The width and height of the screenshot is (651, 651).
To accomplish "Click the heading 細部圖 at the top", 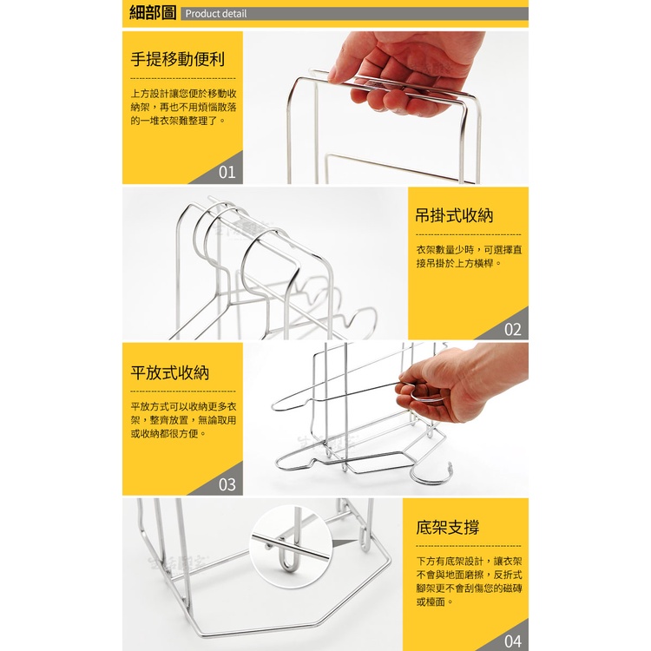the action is coord(153,13).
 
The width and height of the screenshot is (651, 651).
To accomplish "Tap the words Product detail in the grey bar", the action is coord(216,14).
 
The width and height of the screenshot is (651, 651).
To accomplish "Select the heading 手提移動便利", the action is coord(178,59).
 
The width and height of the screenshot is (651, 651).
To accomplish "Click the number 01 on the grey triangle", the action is coord(227,172).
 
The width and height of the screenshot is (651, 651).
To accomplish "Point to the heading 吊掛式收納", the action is coord(454,215).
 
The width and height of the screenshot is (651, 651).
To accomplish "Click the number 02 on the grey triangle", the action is coord(513,329).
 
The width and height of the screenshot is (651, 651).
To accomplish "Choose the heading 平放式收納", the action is coord(170,372).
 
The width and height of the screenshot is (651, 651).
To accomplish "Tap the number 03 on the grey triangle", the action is coord(227,484).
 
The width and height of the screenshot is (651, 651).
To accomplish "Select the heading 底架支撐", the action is coord(448,527).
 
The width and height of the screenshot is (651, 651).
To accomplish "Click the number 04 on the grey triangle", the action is coord(513,641).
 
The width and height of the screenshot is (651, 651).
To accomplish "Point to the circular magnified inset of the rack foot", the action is coord(292,546).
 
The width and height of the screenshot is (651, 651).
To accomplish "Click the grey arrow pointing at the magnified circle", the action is coord(345,543).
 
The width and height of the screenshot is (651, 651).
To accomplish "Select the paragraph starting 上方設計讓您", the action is coord(183,107).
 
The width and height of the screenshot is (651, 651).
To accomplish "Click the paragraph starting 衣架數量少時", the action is coord(469,256).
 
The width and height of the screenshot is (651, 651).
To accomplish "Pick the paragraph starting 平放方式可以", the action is coord(183,420).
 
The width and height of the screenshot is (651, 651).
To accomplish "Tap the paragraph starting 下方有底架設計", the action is coord(469,582).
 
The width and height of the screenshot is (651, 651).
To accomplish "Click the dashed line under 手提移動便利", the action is coord(182,78).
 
